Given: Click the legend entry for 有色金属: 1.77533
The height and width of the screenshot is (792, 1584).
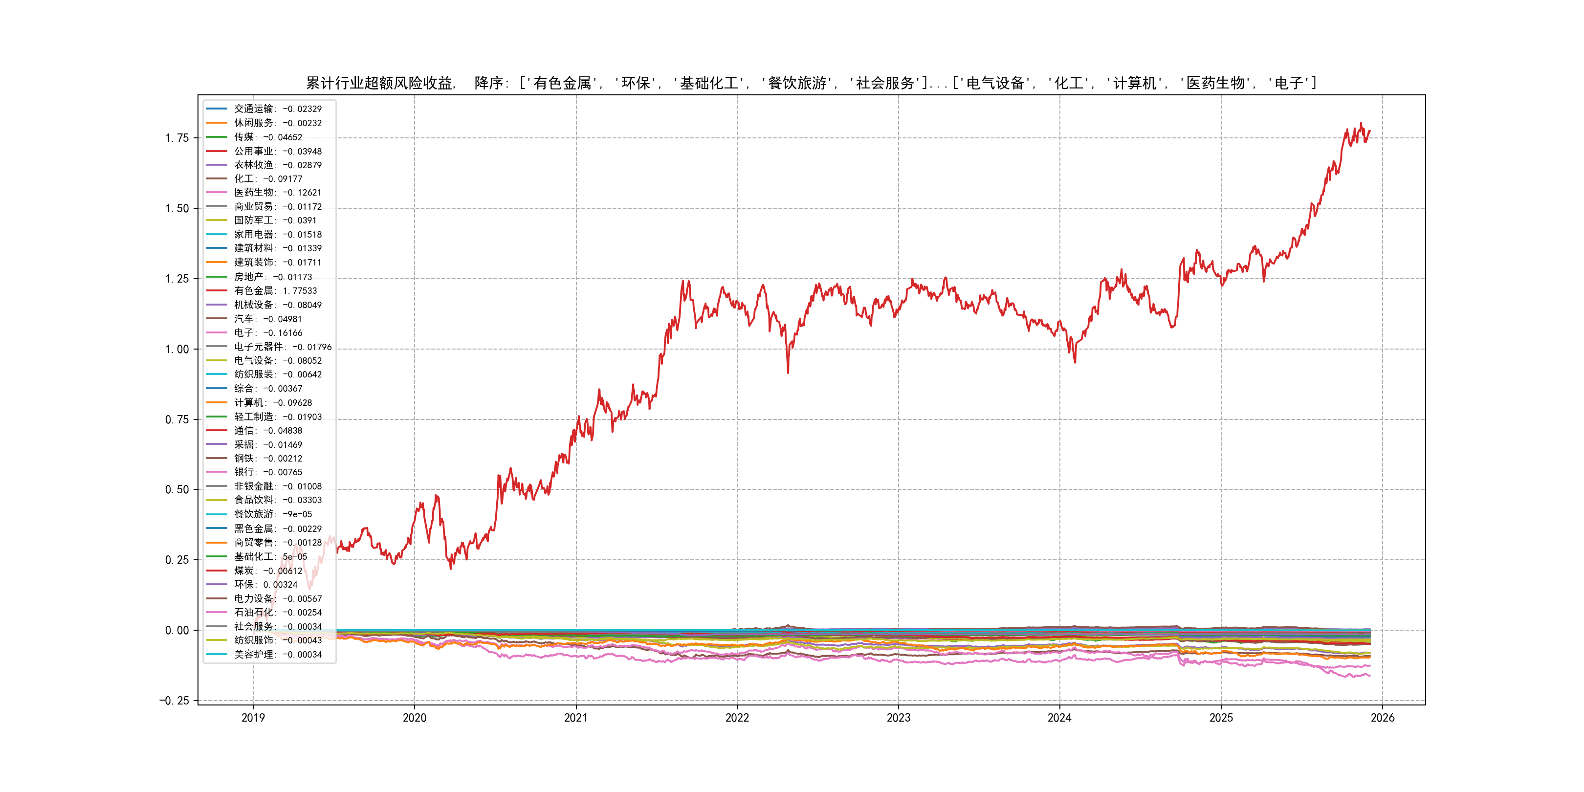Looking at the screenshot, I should point(275,291).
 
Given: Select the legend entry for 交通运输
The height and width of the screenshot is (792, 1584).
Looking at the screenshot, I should point(277,109).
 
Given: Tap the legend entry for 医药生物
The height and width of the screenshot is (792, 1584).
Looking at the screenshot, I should point(277,193).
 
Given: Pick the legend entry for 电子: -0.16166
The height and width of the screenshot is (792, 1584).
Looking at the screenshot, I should point(268,332).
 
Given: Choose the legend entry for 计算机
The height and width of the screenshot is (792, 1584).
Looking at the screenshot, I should point(273,403).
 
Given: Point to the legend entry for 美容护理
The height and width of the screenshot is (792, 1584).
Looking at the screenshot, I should point(277,654).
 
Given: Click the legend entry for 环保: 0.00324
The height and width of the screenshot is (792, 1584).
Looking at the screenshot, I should point(265,584).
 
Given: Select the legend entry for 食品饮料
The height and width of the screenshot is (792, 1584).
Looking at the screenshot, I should point(277,500).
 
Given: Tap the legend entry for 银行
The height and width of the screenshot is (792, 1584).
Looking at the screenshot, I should point(268,472).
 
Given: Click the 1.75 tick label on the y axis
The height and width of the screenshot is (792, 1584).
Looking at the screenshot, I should point(177,138).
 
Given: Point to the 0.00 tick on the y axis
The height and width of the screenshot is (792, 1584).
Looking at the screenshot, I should point(177,630).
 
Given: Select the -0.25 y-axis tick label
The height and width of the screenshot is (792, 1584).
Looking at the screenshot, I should point(175,701).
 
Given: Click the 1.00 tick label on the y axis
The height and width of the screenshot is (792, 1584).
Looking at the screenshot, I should point(177,349).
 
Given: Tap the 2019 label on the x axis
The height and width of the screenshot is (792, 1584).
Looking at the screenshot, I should point(253,718).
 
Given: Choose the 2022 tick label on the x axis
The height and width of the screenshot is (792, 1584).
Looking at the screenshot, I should point(737,718).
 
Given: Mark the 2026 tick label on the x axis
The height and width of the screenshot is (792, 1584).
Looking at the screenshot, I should point(1382,718).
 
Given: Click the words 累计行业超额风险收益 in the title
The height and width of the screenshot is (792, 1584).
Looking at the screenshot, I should point(379,83).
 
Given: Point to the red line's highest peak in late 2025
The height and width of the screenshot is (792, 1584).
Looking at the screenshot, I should point(1361,124).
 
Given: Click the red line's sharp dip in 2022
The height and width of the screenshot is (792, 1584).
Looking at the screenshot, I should point(788,372).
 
